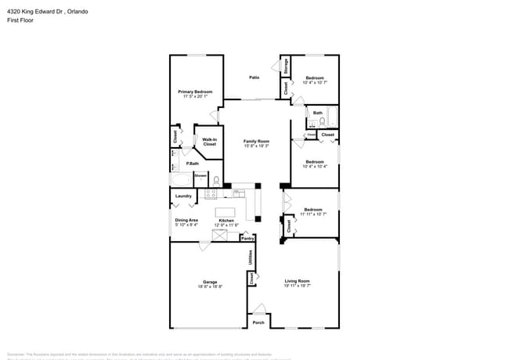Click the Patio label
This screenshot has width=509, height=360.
click(x=254, y=77)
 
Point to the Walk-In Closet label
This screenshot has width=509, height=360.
click(x=209, y=142)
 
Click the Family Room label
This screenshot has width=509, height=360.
click(x=256, y=141)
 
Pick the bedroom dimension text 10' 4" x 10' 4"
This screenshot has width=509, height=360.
click(x=314, y=166)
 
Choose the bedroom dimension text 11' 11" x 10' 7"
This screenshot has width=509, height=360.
click(x=312, y=214)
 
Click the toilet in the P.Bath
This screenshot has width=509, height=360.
click(x=216, y=180)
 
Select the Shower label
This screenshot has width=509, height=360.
click(x=200, y=175)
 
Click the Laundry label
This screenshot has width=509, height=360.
click(x=184, y=196)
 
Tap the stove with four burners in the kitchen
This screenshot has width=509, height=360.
click(x=211, y=193)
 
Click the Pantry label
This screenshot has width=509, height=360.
click(x=247, y=238)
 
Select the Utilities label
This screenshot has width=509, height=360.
click(x=251, y=257)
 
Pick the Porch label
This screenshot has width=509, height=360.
click(x=258, y=322)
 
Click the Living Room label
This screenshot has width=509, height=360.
click(x=297, y=281)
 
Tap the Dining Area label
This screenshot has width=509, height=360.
click(x=186, y=220)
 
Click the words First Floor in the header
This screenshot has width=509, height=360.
click(x=21, y=21)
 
